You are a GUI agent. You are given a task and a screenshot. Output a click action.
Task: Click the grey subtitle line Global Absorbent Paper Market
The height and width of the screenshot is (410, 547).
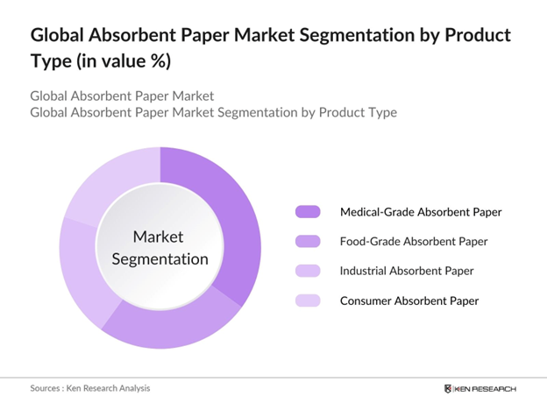coord(122,95)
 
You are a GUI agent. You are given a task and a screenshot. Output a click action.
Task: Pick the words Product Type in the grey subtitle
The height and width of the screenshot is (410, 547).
coord(355,112)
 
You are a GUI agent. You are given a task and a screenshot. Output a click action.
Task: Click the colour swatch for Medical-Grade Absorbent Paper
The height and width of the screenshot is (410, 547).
coord(309,212)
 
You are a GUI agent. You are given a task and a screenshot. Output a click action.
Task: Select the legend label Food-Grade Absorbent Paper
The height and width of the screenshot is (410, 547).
coord(414,241)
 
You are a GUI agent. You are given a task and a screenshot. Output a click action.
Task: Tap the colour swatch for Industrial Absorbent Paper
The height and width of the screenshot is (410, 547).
coord(309,271)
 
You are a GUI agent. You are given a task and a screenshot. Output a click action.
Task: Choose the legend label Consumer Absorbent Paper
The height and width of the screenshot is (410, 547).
coord(408,300)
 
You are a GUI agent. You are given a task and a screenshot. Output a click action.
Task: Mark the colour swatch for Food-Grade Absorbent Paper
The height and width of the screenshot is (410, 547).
coord(309,241)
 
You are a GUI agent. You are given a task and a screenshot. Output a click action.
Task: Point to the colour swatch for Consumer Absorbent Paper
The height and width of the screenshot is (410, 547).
coord(309,300)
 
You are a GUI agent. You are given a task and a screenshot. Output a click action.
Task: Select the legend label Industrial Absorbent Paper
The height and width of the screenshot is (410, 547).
coord(408,271)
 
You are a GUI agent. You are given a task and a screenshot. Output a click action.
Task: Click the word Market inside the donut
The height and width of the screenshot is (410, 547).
coord(159,237)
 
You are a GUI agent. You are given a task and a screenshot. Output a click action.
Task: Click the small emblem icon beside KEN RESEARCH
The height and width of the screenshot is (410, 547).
coord(449,388)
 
